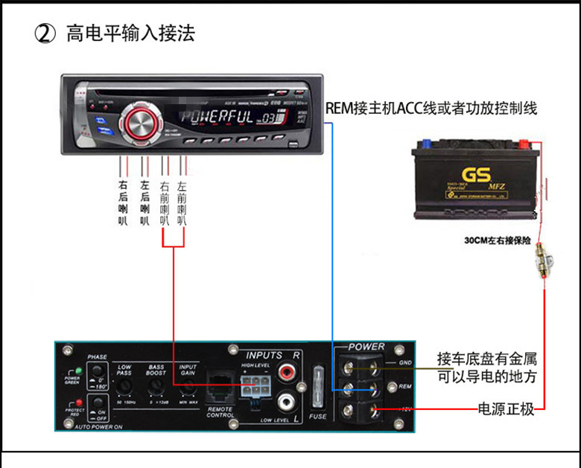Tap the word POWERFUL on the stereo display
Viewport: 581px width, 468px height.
pyautogui.click(x=218, y=117)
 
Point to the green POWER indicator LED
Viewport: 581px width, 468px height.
pyautogui.click(x=76, y=371)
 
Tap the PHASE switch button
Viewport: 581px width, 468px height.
pyautogui.click(x=98, y=374)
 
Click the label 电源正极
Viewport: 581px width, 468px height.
pyautogui.click(x=506, y=409)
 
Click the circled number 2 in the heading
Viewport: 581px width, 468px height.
pyautogui.click(x=46, y=34)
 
